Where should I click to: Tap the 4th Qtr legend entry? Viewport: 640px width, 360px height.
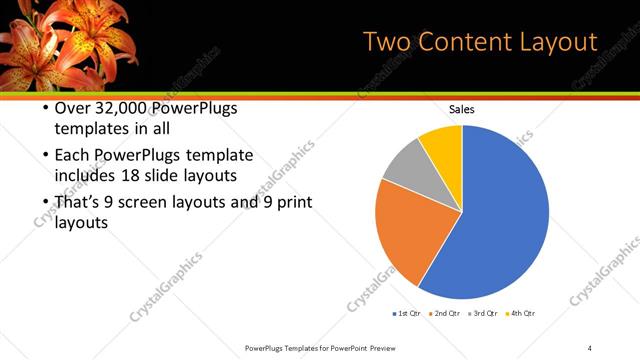[x=521, y=314]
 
